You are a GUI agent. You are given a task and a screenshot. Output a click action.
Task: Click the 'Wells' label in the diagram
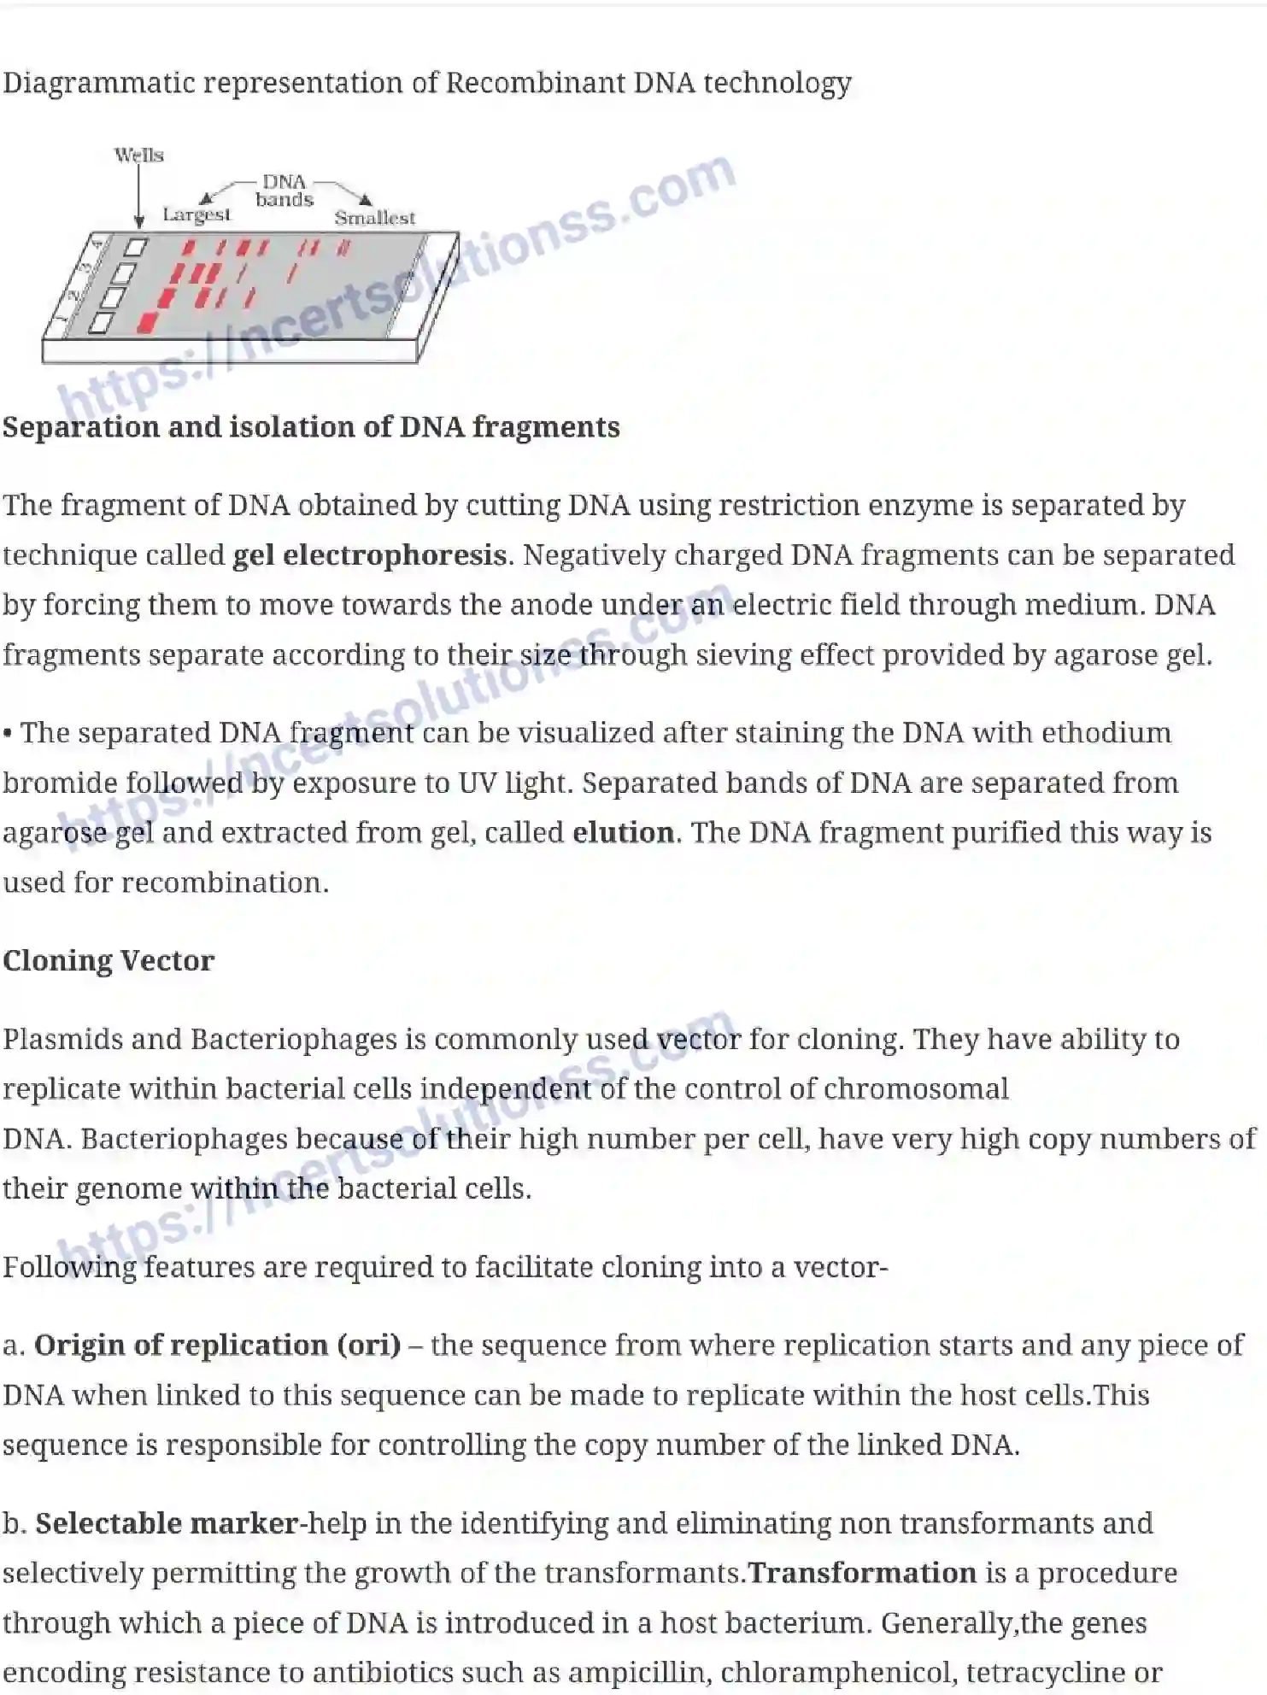click(x=138, y=155)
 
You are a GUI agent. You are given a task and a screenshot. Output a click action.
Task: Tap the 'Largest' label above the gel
click(x=197, y=214)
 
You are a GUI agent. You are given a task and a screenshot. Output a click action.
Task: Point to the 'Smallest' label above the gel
click(x=374, y=218)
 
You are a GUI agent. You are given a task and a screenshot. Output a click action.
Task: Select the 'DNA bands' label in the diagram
click(x=284, y=191)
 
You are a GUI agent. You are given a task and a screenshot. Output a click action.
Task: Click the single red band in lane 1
click(x=148, y=322)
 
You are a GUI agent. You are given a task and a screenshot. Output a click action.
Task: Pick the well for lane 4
click(x=136, y=248)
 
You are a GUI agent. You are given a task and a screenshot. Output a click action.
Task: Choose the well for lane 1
click(x=101, y=323)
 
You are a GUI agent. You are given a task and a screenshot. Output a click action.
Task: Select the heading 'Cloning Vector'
click(x=109, y=960)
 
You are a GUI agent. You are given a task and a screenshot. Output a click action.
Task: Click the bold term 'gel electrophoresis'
click(x=369, y=555)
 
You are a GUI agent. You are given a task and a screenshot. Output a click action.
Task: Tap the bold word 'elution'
click(x=623, y=832)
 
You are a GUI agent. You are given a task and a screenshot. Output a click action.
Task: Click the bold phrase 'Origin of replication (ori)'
click(x=217, y=1345)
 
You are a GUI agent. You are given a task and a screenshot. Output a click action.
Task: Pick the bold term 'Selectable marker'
click(x=167, y=1522)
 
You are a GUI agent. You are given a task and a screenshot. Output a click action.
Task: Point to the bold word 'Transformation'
click(x=862, y=1573)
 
